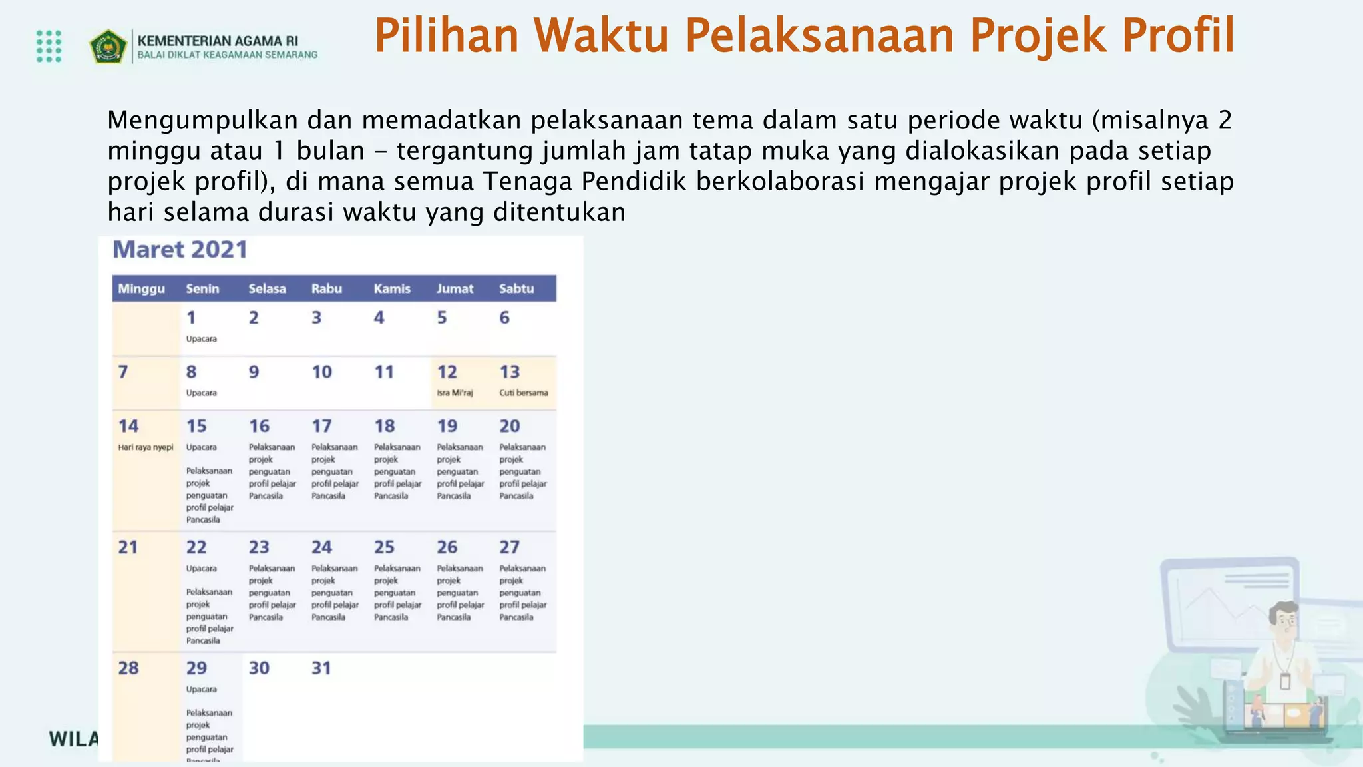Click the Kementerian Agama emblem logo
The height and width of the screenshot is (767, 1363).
coord(108,47)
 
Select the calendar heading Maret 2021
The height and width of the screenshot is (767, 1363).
coord(180,250)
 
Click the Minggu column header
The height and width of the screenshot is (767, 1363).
coord(141,288)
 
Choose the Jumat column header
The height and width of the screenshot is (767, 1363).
coord(455,288)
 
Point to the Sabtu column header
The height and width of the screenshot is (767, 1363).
coord(516,288)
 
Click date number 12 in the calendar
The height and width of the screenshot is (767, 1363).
coord(447,372)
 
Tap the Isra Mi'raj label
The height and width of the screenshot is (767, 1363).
coord(455,393)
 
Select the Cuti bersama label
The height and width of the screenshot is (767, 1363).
coord(524,393)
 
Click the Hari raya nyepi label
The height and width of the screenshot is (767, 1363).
coord(146,447)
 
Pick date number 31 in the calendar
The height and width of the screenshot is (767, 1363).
coord(321,668)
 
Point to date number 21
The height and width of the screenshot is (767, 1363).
coord(128,547)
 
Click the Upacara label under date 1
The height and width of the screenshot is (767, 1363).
coord(201,339)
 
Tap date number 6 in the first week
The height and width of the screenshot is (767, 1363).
coord(504,318)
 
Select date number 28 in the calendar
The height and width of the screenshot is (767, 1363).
coord(128,668)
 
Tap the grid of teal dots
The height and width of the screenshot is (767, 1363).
coord(49,46)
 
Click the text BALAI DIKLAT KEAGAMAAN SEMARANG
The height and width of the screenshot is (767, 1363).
coord(227,55)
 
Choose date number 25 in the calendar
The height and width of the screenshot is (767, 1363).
coord(384,547)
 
